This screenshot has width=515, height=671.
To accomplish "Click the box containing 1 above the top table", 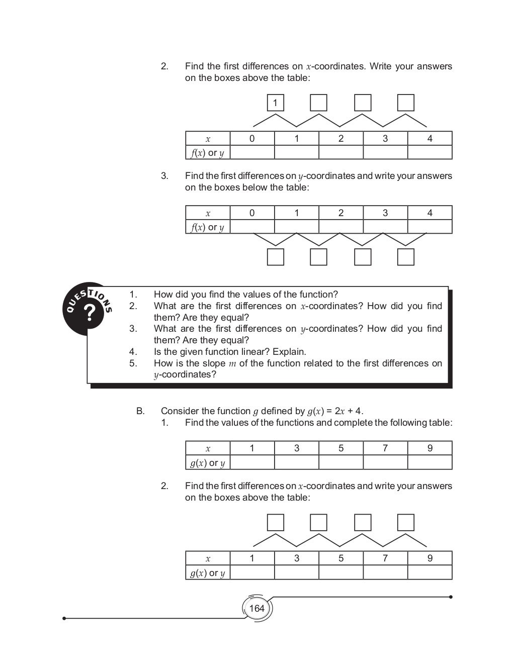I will coord(275,103).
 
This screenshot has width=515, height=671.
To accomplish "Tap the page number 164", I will coord(256,608).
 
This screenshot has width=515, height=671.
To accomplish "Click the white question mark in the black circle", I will coord(90,313).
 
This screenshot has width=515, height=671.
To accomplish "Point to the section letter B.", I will coord(140,411).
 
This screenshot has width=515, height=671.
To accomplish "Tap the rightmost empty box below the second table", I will coord(405,257).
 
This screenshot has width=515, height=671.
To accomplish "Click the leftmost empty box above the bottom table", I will coord(275,523).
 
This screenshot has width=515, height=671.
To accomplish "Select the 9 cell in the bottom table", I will coord(430,558).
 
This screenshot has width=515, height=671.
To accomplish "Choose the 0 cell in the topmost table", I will coord(252,138).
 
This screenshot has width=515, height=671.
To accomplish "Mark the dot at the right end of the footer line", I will coord(451,597).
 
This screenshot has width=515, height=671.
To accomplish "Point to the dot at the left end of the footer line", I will coord(64,618).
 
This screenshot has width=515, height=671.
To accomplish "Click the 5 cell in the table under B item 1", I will coord(340,448).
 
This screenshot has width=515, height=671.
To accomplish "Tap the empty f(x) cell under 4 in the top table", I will coord(430,152).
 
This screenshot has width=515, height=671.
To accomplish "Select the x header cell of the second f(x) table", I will coord(208,213).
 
